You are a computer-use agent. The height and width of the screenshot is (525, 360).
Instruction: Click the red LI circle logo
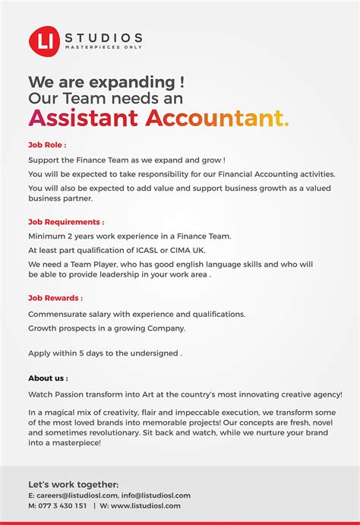(44, 41)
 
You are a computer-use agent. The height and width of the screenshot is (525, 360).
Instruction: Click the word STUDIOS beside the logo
(103, 37)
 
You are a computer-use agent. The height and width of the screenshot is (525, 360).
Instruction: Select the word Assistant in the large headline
(84, 118)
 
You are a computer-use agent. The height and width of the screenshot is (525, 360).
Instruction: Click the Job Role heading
(47, 144)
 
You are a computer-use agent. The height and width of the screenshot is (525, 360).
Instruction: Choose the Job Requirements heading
(66, 222)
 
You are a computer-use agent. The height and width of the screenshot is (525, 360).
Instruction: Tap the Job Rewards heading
(55, 299)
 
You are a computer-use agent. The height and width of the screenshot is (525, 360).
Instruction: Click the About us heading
(48, 378)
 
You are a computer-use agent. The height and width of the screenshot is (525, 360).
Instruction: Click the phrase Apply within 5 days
(68, 353)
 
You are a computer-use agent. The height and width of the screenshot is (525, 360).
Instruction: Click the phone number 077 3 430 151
(62, 506)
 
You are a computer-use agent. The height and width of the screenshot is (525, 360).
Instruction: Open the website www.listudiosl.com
(146, 506)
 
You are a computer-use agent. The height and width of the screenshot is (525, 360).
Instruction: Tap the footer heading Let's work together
(73, 484)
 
